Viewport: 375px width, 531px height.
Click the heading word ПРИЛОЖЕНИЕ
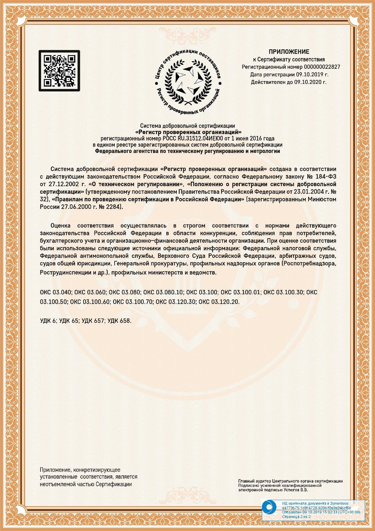pos(289,52)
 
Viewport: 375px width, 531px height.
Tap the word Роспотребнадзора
pos(310,264)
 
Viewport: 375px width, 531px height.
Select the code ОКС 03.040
pos(56,292)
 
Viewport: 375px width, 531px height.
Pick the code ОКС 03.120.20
pos(219,302)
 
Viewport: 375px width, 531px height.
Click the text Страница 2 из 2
pos(296,517)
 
